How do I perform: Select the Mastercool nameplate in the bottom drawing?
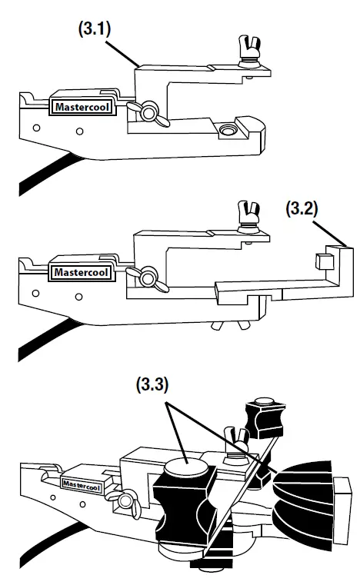pos(82,483)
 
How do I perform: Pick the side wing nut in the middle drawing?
pos(148,273)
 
